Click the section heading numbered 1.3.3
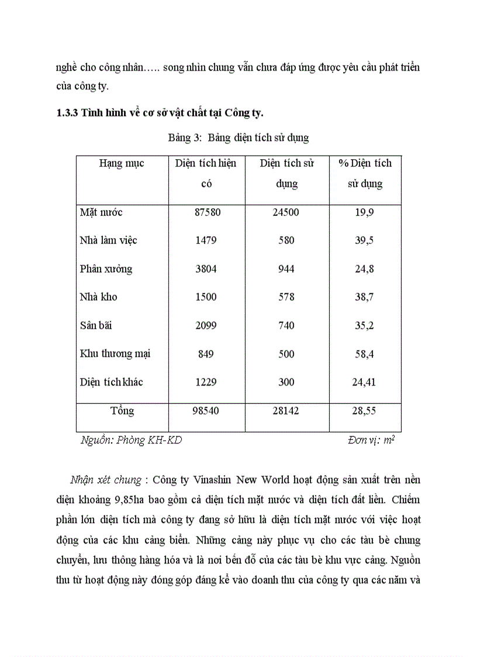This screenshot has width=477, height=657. (160, 113)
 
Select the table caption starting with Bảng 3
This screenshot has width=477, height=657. (238, 138)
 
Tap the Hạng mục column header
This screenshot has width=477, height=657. (122, 163)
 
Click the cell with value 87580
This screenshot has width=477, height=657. (207, 212)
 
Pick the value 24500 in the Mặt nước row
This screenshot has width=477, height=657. (286, 212)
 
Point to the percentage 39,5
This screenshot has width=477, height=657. (365, 240)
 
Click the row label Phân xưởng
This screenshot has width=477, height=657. (106, 269)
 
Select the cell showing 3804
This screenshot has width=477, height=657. (207, 269)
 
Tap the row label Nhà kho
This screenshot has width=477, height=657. (99, 297)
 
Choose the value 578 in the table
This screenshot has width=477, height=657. (286, 297)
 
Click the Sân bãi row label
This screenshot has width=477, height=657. (98, 326)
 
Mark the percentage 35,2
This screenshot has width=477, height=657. (365, 326)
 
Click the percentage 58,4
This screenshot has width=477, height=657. (365, 354)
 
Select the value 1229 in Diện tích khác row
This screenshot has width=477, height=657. (206, 382)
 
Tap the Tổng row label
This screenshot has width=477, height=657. (122, 411)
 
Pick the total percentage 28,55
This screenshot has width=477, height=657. (365, 411)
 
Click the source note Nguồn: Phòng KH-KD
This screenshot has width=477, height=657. (131, 440)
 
